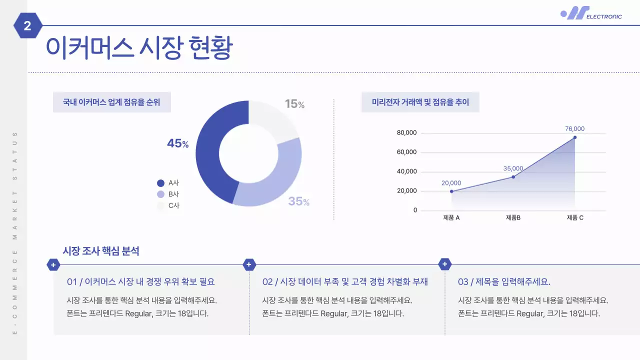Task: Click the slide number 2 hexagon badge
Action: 27,25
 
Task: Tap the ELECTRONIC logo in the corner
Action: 591,13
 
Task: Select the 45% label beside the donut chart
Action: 177,143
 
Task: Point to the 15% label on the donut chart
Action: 294,104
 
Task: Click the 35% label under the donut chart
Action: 298,201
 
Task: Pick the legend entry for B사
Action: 168,194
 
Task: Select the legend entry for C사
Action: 168,205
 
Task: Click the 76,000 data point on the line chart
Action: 575,137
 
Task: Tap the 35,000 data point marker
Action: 513,176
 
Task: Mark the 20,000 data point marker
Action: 451,191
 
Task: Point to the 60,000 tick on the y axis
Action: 406,152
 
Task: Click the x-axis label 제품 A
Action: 451,217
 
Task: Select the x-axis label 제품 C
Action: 575,217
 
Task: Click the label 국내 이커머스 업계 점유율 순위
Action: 111,102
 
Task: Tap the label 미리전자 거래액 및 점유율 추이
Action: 420,102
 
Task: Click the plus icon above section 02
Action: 249,264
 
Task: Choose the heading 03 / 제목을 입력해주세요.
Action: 504,281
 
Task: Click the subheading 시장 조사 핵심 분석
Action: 101,251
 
